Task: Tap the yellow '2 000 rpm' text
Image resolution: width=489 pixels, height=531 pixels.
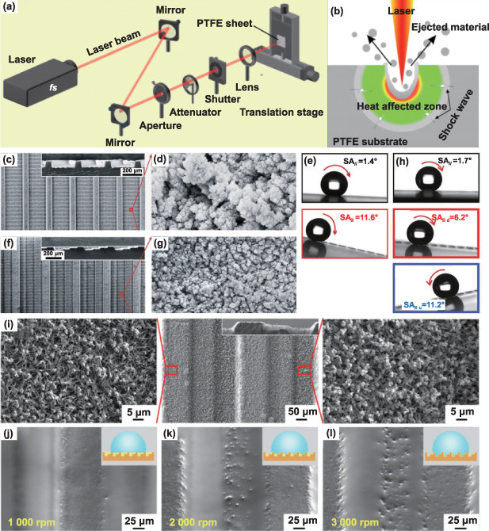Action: [x=190, y=521]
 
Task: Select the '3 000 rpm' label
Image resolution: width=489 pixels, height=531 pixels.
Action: [x=353, y=521]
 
